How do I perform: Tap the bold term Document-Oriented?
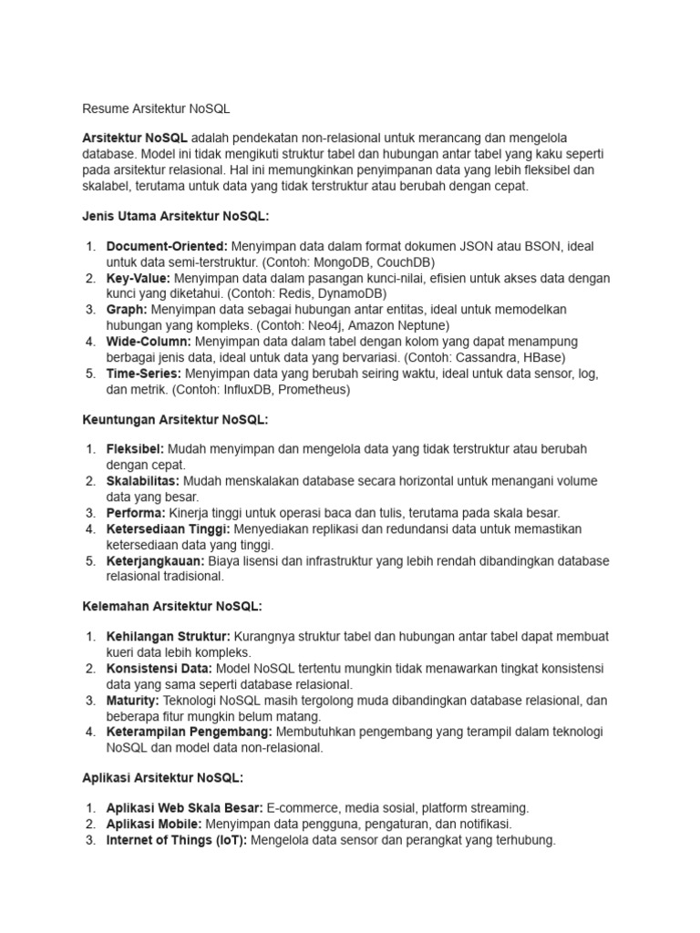pos(167,247)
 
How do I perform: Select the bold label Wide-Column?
pos(149,342)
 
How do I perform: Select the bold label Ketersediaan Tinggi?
pos(170,528)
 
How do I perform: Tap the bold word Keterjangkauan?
pos(153,560)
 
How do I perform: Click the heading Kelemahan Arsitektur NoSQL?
pos(172,605)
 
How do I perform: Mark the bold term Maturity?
pos(133,700)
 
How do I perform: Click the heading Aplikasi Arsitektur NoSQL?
pos(162,777)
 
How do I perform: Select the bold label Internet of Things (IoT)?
pos(177,840)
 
